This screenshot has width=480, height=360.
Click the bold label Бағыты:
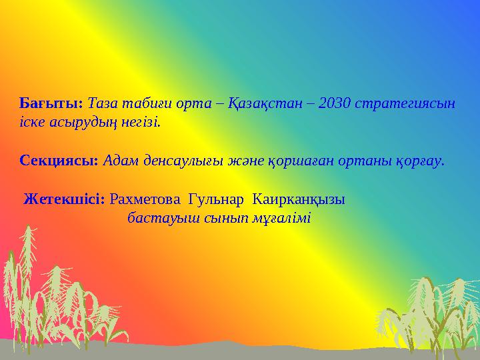[51, 103]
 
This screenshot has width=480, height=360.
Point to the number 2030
[335, 103]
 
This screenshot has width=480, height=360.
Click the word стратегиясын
[406, 103]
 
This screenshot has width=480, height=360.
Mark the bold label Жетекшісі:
[64, 199]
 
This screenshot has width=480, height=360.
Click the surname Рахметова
[146, 199]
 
